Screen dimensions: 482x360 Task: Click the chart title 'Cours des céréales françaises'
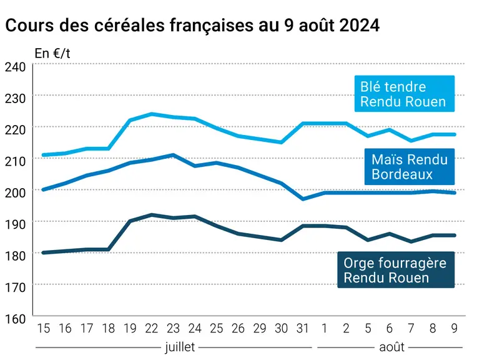[x=129, y=25]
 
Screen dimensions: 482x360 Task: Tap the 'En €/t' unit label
[x=52, y=54]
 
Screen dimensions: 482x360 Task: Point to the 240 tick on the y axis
[x=15, y=67]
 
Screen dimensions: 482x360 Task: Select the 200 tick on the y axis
[x=15, y=192]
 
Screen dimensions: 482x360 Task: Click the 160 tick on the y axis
[x=15, y=319]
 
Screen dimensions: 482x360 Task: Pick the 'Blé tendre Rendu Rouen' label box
[x=405, y=94]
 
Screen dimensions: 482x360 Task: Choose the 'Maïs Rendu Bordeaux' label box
[x=410, y=167]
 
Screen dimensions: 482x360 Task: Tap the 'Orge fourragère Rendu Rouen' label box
[x=396, y=270]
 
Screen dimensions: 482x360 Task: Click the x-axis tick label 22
[x=152, y=329]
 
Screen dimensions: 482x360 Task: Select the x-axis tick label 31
[x=303, y=329]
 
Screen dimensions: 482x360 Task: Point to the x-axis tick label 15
[x=43, y=329]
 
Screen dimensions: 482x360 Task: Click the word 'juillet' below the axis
[x=180, y=347]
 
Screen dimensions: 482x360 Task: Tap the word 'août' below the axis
[x=391, y=347]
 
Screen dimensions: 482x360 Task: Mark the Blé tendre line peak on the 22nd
[x=152, y=114]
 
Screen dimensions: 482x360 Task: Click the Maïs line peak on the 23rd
[x=174, y=155]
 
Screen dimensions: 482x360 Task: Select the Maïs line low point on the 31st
[x=303, y=199]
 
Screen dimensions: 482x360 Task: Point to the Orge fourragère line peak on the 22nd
[x=152, y=214]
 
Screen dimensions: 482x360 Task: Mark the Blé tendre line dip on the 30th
[x=281, y=142]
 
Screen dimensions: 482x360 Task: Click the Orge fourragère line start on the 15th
[x=43, y=252]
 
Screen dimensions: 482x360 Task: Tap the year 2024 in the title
[x=360, y=25]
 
